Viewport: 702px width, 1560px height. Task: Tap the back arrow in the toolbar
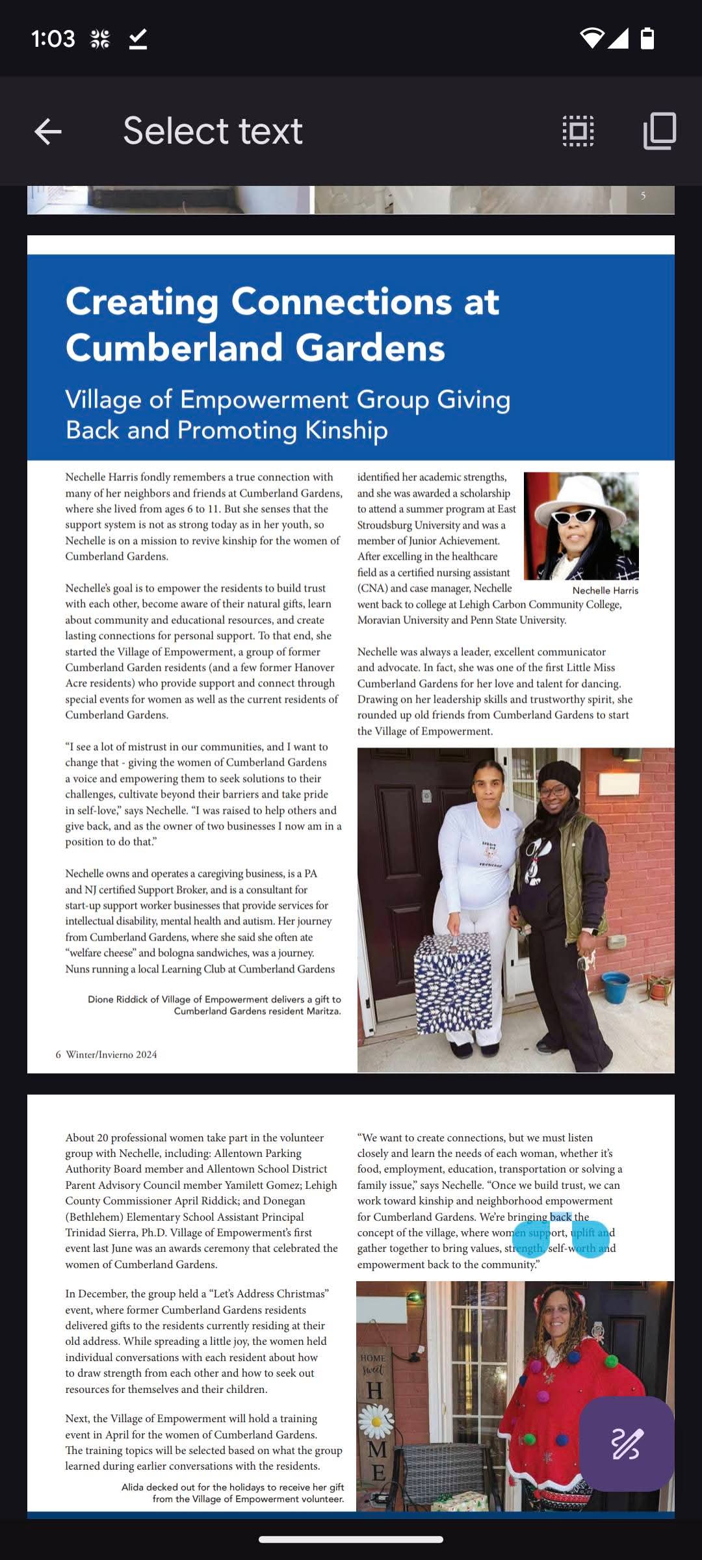point(48,131)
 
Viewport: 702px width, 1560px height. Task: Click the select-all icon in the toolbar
point(578,131)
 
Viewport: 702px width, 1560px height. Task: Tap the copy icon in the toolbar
point(660,131)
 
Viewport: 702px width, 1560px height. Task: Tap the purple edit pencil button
point(627,1444)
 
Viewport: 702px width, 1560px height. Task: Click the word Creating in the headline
point(142,302)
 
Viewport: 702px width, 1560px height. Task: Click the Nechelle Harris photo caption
point(605,590)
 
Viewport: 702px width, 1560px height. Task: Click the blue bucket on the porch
point(616,987)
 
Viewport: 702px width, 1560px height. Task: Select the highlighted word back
point(560,1217)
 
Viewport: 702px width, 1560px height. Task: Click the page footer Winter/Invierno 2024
point(111,1054)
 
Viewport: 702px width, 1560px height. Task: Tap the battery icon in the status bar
point(647,38)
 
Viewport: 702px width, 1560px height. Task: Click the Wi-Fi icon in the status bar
point(591,38)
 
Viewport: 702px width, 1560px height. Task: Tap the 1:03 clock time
point(53,39)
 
